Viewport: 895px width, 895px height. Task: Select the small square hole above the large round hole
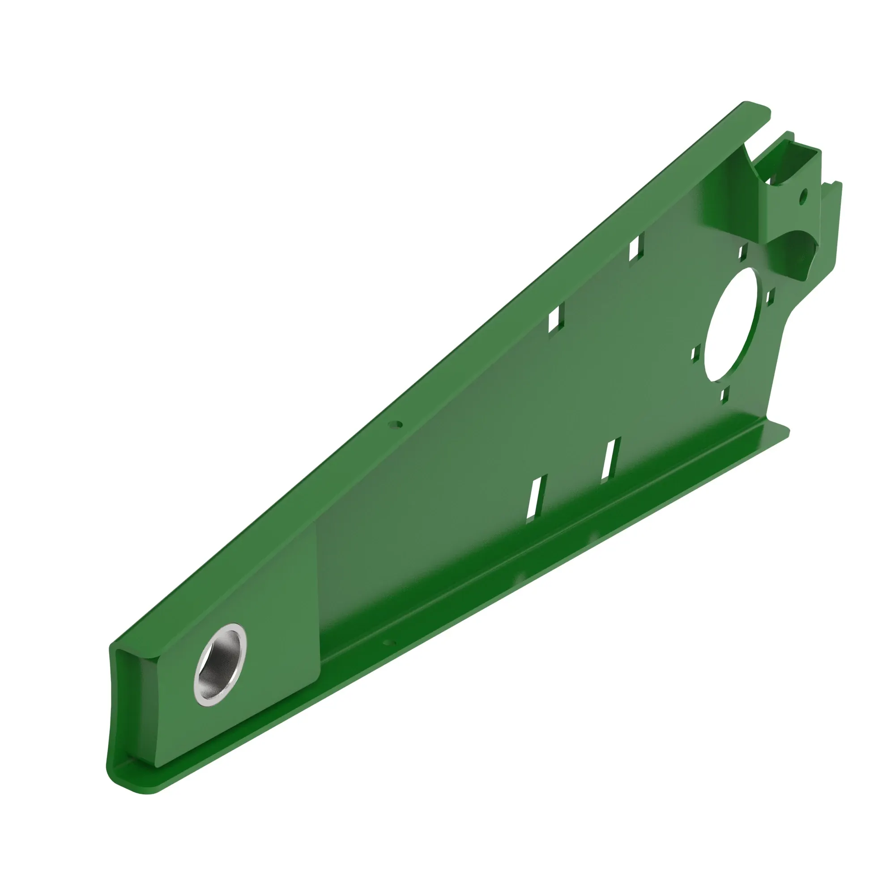742,252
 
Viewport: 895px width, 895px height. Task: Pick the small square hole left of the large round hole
695,354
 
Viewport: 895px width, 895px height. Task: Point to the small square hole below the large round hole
725,394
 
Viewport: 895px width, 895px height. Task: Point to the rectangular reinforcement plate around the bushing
260,616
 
